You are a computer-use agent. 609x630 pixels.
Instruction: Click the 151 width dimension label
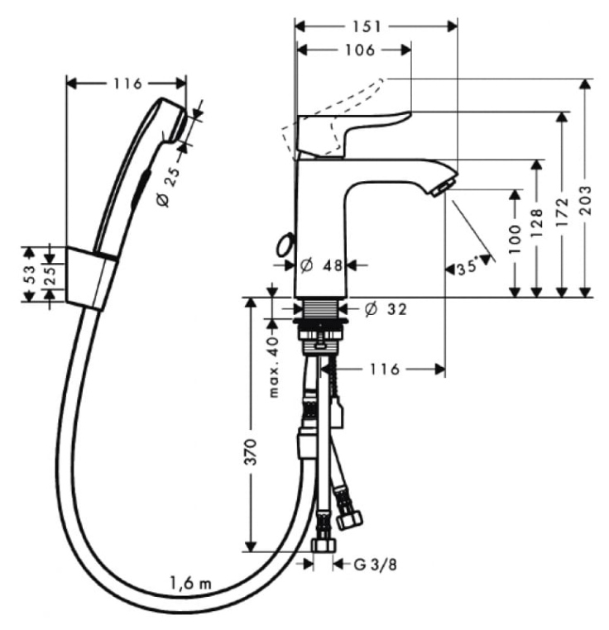367,26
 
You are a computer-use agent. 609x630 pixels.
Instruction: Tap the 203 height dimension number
587,201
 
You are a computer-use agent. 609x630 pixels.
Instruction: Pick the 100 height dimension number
515,239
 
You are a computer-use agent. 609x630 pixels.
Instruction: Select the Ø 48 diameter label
321,265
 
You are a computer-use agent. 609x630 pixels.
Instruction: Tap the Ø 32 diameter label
386,309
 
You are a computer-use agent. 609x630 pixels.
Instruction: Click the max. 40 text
275,367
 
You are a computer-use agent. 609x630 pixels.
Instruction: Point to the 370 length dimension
251,452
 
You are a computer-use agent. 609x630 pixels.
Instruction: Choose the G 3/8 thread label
376,565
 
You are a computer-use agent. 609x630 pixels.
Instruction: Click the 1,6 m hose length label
190,583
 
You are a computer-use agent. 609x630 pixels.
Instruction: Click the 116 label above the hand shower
128,84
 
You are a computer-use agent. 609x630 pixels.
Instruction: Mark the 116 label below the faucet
385,369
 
